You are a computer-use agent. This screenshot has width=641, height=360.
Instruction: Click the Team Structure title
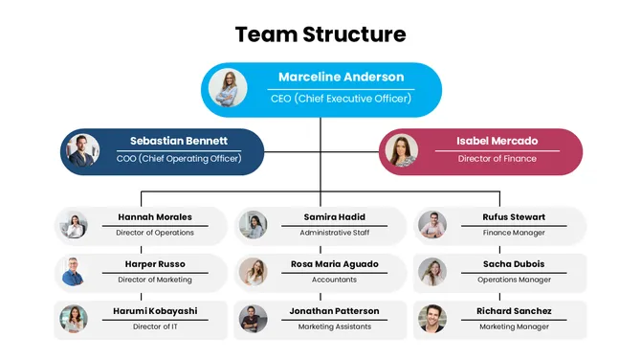tap(320, 35)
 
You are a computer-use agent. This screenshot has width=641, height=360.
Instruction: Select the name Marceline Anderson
tap(341, 77)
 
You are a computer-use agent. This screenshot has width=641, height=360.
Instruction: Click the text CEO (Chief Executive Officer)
tap(341, 99)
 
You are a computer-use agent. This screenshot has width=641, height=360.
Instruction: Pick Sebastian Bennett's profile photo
tap(83, 150)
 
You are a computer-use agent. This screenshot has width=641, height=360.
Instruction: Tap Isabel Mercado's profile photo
tap(401, 150)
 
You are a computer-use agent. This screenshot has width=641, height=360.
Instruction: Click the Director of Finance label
tap(497, 158)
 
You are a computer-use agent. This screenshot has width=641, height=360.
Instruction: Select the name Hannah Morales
tap(155, 217)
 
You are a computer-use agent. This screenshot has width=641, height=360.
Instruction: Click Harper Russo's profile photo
tap(74, 271)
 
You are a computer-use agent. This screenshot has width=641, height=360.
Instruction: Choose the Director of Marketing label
tap(155, 280)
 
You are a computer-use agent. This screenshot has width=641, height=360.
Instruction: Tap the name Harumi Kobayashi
tap(155, 311)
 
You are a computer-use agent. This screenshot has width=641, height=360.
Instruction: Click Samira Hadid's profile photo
tap(253, 225)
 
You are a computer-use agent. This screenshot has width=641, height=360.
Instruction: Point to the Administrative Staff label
tap(334, 233)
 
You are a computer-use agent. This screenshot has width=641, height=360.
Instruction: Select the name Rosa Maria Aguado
tap(334, 264)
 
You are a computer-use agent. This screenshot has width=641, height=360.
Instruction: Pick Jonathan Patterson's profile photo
tap(253, 318)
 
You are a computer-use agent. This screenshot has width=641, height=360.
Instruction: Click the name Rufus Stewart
tap(515, 217)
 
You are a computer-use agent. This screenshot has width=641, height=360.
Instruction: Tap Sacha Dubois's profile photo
tap(432, 271)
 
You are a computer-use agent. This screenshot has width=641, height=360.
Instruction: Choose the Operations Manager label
tap(515, 280)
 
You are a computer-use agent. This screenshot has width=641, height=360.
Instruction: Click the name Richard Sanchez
tap(515, 311)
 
